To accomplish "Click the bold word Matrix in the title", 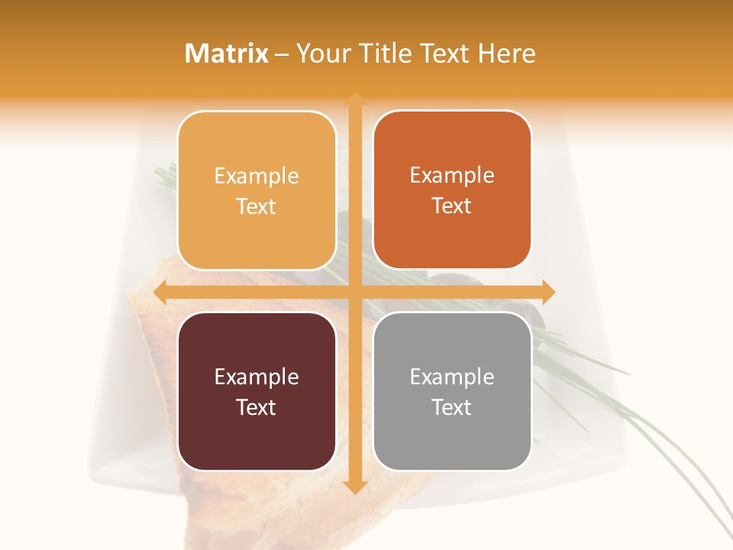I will (227, 53).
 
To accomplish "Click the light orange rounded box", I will (257, 190).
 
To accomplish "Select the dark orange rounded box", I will (452, 190).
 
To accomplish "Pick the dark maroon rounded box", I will (257, 391).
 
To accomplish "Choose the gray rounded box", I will (452, 391).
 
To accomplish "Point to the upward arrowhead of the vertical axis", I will (354, 99).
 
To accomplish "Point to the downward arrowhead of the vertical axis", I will (354, 487).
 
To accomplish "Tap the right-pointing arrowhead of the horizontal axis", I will (547, 292).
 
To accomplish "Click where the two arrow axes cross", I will (354, 292).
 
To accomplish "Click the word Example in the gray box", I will (452, 377).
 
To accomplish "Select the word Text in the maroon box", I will (257, 407).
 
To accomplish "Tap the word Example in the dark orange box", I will (452, 176).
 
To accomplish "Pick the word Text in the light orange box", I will (257, 206).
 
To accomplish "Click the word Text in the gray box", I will (452, 407).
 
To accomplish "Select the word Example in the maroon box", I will (257, 377).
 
